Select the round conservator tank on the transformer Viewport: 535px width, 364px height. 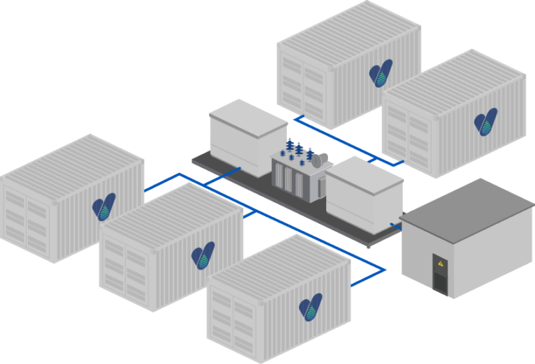[x=318, y=160]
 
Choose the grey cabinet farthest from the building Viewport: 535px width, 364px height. [x=247, y=129]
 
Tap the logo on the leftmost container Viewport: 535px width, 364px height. [x=104, y=207]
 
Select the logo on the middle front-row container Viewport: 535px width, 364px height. [x=203, y=255]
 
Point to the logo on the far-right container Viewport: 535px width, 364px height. [x=485, y=121]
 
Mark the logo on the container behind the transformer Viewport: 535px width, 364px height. [x=380, y=73]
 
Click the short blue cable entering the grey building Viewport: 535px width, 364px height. [x=396, y=226]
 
